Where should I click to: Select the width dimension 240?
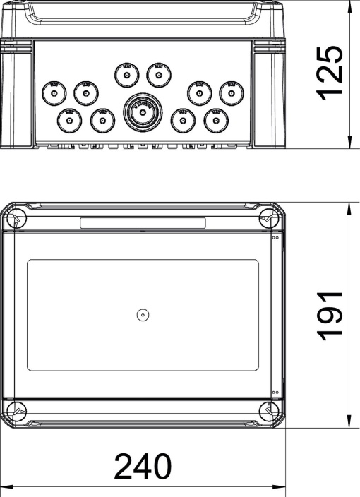(x=143, y=467)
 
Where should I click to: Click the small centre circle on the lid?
(x=142, y=315)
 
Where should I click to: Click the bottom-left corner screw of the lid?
(x=18, y=411)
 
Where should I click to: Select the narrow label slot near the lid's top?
(x=143, y=223)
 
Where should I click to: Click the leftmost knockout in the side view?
(x=53, y=92)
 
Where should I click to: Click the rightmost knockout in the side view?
(x=230, y=92)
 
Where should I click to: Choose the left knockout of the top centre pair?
(x=126, y=73)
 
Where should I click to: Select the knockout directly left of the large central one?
(x=103, y=120)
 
